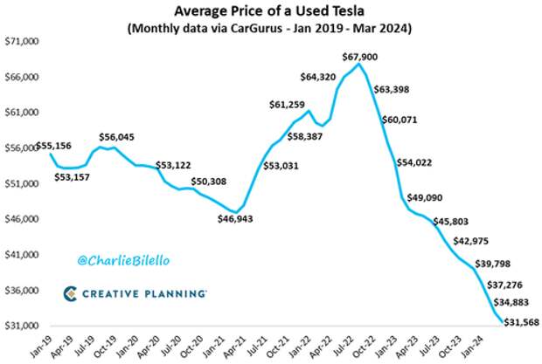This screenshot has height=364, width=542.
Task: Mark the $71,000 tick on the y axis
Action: pyautogui.click(x=22, y=42)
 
